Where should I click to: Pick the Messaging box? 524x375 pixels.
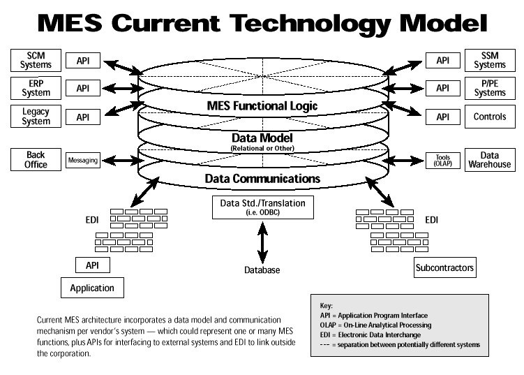83,161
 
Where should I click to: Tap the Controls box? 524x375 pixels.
489,117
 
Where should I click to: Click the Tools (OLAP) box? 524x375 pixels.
442,161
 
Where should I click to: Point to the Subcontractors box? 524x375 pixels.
444,267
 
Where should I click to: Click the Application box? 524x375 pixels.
92,287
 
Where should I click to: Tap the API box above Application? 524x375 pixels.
92,265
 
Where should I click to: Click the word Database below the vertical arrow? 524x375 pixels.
262,270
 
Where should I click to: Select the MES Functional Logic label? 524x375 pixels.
262,106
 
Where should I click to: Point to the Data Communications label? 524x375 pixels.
262,179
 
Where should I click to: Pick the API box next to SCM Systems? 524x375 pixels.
83,61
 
